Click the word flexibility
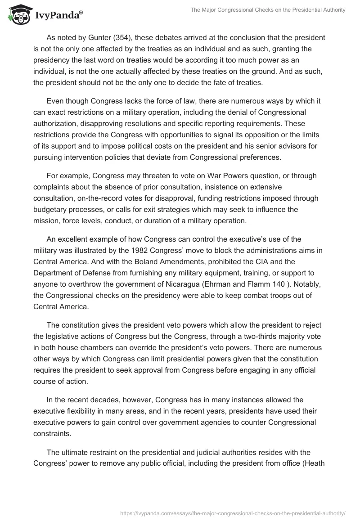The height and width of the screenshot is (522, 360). [82, 411]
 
